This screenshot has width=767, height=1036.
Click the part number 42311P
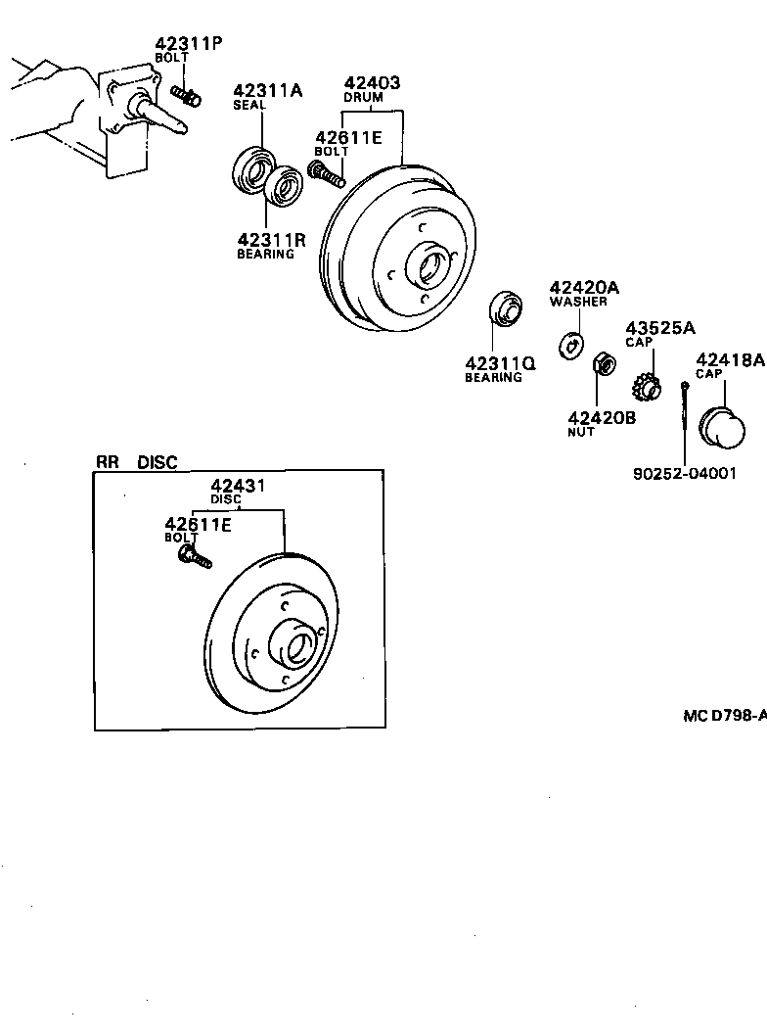click(189, 43)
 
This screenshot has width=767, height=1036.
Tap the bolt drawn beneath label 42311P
click(186, 96)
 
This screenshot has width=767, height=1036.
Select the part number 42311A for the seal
click(267, 91)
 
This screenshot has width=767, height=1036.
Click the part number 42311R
click(271, 239)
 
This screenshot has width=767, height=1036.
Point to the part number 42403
click(371, 83)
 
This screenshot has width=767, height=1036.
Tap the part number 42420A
click(584, 287)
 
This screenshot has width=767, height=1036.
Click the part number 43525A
click(660, 327)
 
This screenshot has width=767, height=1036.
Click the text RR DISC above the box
click(137, 462)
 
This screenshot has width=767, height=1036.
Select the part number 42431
click(240, 485)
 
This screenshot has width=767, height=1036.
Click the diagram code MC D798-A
click(724, 716)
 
